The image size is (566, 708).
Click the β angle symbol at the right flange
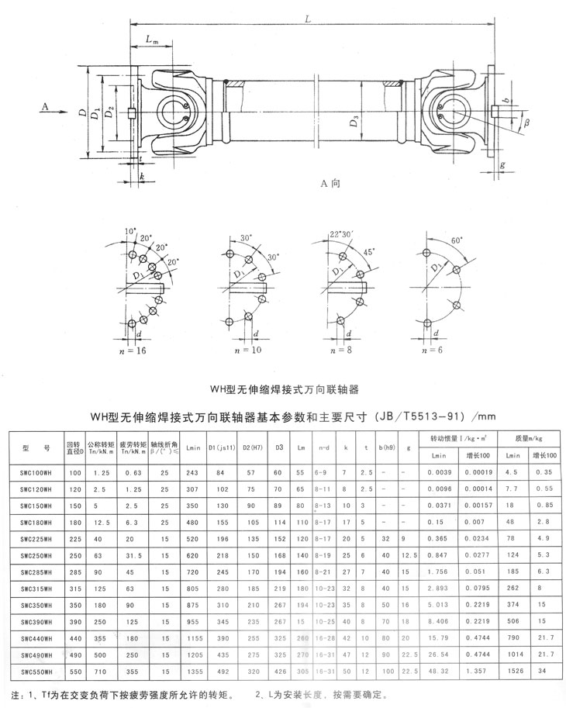pos(526,123)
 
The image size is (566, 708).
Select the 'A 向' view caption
pos(331,184)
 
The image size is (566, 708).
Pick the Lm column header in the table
pos(302,448)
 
